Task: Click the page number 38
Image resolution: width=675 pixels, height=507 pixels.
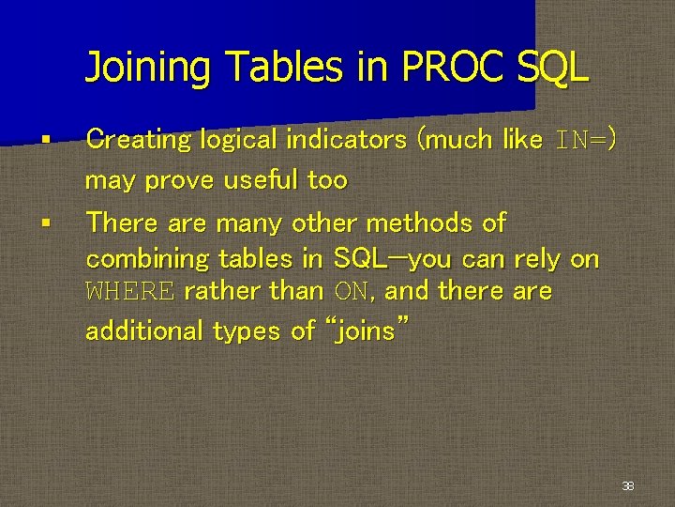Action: click(628, 486)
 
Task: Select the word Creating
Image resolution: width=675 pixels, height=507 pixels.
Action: click(138, 140)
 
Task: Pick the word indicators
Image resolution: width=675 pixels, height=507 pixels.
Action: click(347, 140)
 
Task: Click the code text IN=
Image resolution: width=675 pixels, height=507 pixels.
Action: click(580, 141)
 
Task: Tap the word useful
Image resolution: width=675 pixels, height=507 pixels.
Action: click(262, 179)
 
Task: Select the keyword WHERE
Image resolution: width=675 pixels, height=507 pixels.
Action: click(129, 292)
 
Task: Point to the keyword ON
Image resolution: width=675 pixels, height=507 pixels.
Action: click(351, 292)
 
